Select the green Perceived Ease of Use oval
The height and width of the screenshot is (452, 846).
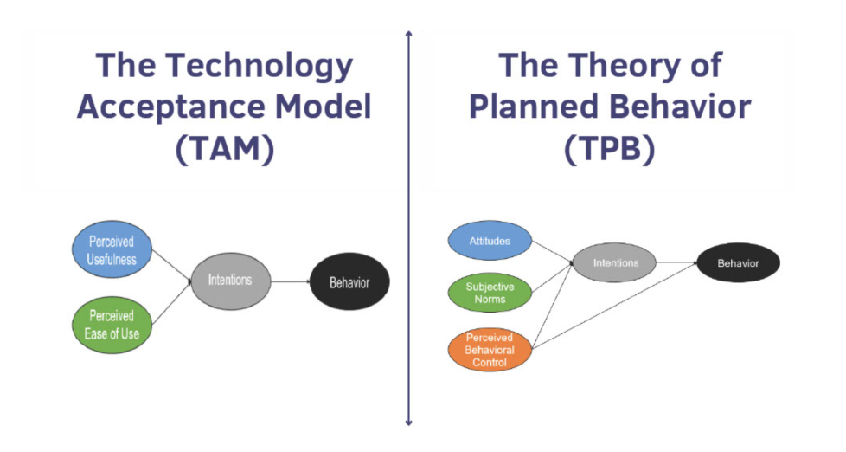113,325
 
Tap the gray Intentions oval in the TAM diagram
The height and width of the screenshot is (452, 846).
230,281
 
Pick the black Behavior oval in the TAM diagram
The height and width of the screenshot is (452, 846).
349,282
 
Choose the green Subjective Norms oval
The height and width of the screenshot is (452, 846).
490,293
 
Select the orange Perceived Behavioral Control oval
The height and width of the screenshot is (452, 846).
490,350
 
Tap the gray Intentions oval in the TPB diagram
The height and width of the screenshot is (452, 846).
615,262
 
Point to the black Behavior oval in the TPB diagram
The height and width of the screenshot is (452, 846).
738,263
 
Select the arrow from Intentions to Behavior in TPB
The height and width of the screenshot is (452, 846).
676,263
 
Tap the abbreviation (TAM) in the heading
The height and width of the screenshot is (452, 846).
225,149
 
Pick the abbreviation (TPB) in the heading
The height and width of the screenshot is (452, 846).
610,149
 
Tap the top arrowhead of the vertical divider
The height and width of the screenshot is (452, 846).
408,35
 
